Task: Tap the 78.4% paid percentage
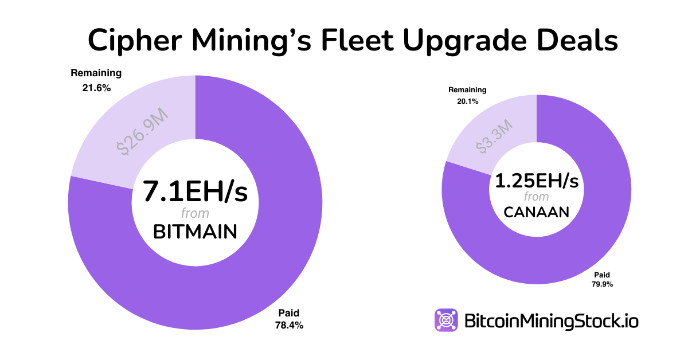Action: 289,325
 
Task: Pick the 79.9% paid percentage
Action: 599,284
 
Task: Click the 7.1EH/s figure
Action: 195,191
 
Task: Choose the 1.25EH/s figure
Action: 537,182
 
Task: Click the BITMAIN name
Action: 195,232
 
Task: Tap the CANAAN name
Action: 537,212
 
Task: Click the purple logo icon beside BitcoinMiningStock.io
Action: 445,320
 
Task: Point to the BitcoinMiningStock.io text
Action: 550,320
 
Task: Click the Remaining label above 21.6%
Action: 96,73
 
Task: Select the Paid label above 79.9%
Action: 599,274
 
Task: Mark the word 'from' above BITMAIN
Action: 195,213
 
